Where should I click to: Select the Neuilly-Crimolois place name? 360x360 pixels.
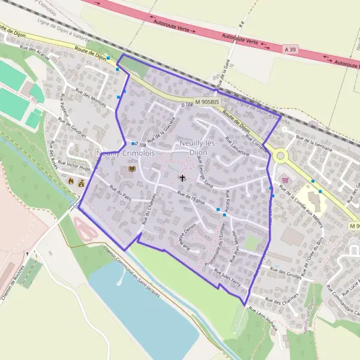(126, 154)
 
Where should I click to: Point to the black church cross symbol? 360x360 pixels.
(182, 178)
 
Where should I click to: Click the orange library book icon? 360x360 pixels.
(130, 172)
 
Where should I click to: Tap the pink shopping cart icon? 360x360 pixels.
(284, 179)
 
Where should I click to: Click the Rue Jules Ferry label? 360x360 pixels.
(226, 275)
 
